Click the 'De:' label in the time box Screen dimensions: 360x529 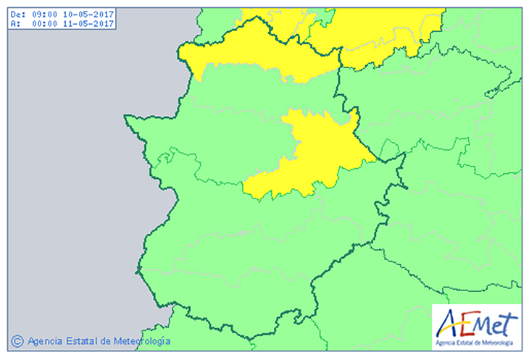pyautogui.click(x=18, y=14)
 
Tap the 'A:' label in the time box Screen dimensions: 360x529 pyautogui.click(x=16, y=23)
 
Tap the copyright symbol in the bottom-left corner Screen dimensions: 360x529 pyautogui.click(x=17, y=340)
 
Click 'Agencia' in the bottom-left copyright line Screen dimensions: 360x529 pyautogui.click(x=44, y=340)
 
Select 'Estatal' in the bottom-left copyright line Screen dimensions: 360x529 pyautogui.click(x=81, y=340)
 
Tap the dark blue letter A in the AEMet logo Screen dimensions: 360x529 pyautogui.click(x=446, y=321)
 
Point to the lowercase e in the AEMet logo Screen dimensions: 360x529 pyautogui.click(x=500, y=323)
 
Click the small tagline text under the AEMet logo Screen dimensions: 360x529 pyautogui.click(x=475, y=342)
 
